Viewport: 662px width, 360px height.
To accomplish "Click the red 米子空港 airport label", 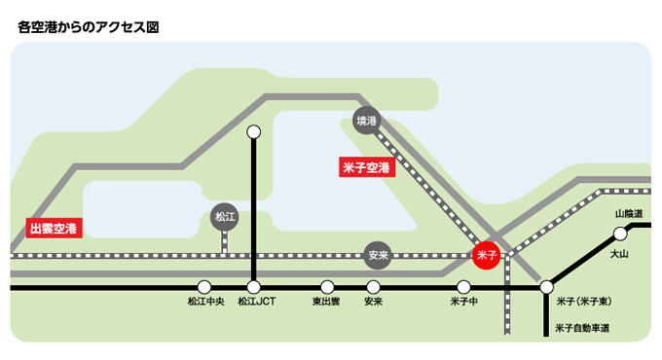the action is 367,167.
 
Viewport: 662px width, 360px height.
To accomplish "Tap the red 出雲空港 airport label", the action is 54,229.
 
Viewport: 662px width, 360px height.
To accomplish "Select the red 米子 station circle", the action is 486,255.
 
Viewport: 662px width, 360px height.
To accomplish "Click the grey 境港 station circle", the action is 366,121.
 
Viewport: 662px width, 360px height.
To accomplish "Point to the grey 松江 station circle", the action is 224,217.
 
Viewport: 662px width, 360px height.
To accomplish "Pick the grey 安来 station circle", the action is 378,255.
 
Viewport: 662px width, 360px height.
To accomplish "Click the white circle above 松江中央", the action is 204,287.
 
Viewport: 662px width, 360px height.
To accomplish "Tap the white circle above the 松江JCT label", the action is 253,287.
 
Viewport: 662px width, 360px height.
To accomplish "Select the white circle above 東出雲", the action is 327,287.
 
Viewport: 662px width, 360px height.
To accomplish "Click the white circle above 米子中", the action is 463,287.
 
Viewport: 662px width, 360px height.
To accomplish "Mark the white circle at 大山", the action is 620,234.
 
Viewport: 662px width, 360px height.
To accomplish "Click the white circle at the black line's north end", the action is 253,132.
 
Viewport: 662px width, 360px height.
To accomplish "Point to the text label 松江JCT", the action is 257,302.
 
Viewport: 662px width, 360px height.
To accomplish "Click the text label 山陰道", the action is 629,214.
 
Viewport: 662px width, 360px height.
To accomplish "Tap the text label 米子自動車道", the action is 582,328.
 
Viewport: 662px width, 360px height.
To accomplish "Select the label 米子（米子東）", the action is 584,302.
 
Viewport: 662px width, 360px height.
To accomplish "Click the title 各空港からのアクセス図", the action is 89,27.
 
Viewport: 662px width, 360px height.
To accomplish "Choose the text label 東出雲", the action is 326,302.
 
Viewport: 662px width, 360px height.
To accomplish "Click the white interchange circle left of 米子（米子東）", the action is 546,287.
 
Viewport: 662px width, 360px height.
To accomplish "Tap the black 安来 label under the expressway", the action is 373,302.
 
